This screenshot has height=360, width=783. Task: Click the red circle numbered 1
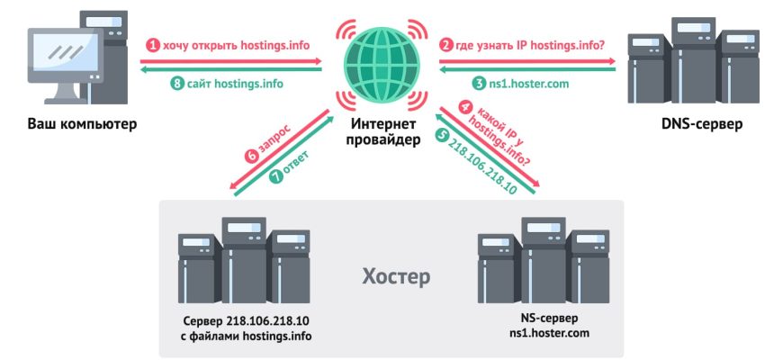[152, 46]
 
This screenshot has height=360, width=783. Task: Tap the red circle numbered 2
[445, 46]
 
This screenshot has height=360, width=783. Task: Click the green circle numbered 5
[442, 136]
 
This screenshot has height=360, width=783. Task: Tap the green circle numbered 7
[275, 176]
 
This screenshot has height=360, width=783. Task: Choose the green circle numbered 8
[177, 84]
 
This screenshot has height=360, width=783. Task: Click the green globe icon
[382, 65]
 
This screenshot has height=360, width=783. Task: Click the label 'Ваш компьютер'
[82, 123]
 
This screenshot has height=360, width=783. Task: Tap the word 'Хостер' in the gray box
[395, 277]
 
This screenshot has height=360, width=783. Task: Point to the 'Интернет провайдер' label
[382, 131]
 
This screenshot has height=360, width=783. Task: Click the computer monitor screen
[66, 54]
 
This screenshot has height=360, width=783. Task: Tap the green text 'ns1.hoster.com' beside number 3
[529, 84]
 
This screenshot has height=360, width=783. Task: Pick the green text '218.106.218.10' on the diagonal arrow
[484, 166]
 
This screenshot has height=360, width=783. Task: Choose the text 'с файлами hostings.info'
[245, 336]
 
